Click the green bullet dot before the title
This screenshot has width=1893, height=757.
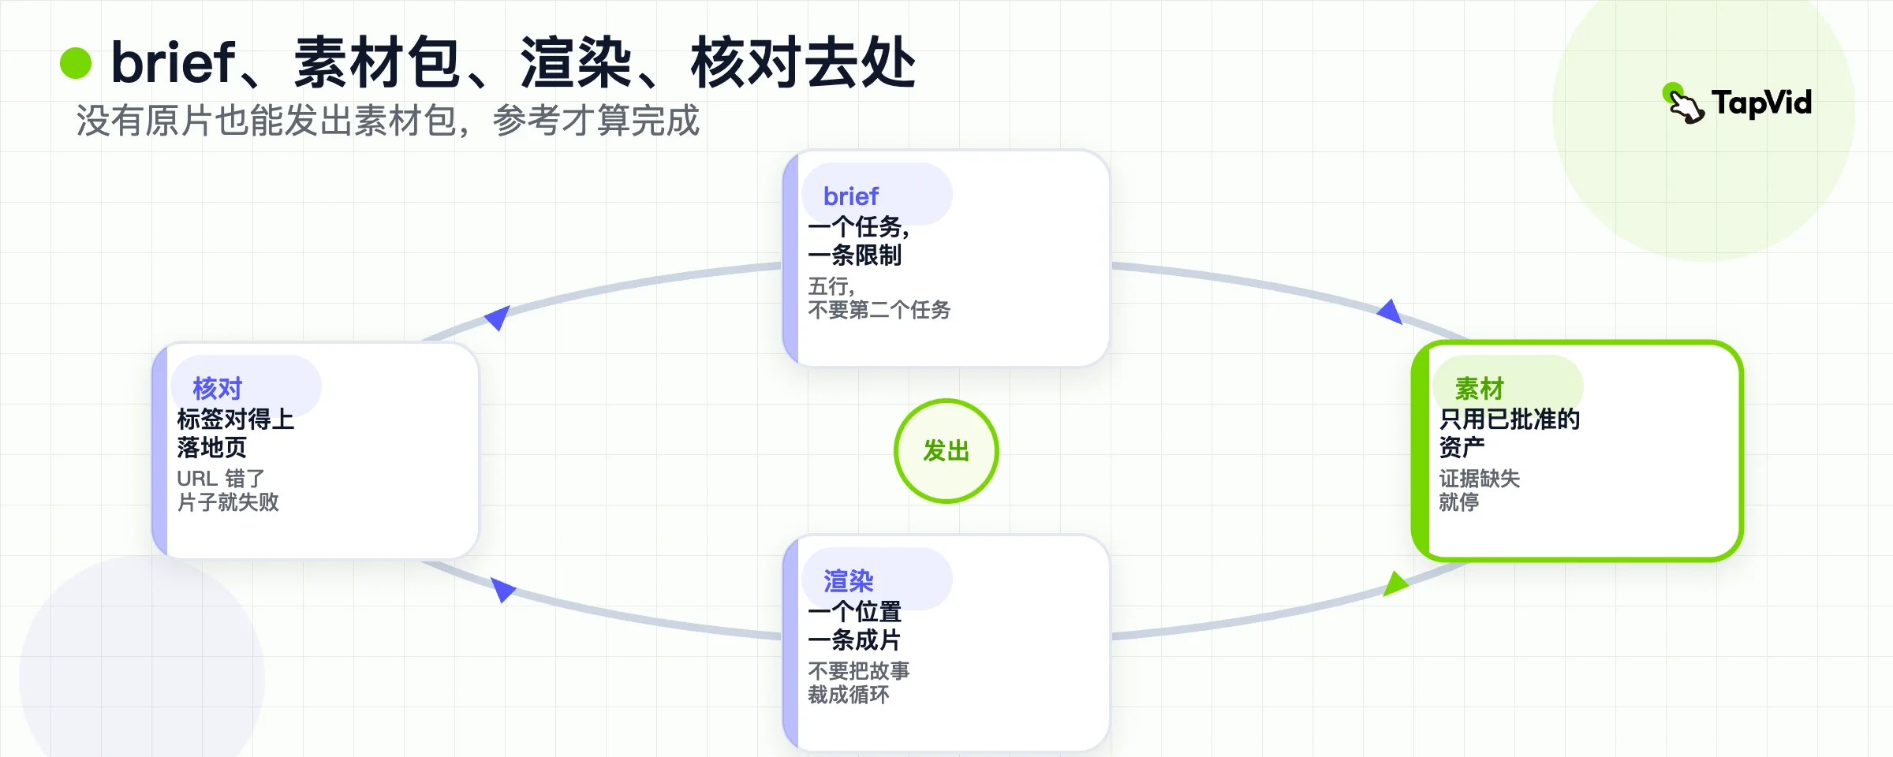pos(76,63)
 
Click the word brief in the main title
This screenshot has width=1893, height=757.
pos(173,62)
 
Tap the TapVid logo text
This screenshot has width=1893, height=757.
pos(1761,103)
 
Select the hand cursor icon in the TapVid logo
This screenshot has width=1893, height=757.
pos(1684,104)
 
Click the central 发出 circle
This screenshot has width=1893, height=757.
pos(946,451)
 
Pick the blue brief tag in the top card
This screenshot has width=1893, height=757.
pos(851,196)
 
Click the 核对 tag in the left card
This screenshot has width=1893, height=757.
pos(218,388)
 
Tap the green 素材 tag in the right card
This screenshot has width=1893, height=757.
pos(1480,388)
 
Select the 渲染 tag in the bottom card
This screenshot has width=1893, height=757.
pos(849,581)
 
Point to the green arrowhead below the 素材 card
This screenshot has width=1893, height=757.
pos(1395,584)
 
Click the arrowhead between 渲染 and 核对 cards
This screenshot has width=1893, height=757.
pos(502,589)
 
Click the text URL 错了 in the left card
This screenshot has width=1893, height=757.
pos(221,479)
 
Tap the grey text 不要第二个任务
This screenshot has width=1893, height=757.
pos(879,310)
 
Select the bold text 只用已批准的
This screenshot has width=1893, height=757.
pos(1510,419)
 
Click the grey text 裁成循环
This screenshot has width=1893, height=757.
pos(849,695)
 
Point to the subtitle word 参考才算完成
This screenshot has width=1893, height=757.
pos(596,121)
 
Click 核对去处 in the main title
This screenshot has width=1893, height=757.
pos(803,62)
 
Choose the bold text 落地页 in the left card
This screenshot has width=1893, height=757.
pos(212,447)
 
